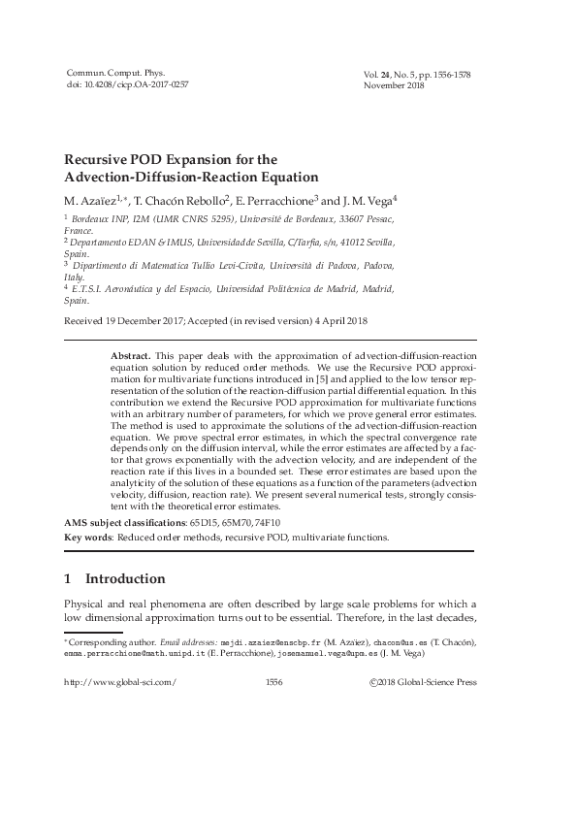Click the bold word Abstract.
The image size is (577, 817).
coord(132,357)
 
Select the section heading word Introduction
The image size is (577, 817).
coord(125,579)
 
